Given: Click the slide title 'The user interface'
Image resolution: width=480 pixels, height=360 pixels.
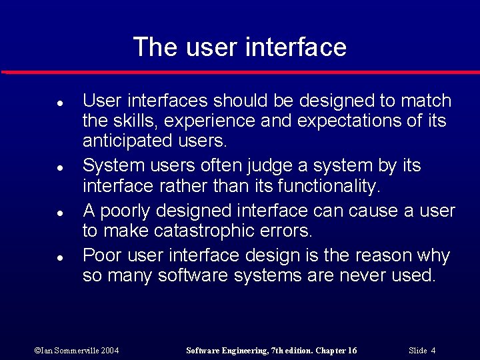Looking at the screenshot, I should coord(240,47).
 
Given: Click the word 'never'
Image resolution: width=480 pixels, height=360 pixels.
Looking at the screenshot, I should coord(357,275).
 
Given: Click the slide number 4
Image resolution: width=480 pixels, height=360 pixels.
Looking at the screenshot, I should coord(433,351).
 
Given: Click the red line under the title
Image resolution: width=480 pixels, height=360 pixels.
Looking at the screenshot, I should coord(240,72).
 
